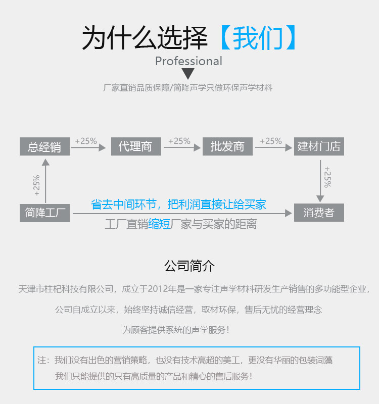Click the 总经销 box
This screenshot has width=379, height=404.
point(44,146)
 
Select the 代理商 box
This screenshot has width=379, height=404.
point(135,146)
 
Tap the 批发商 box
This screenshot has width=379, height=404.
point(227,146)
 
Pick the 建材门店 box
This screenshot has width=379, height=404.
point(319,146)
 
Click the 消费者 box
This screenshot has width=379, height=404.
point(319,213)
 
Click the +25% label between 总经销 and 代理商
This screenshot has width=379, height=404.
point(86,141)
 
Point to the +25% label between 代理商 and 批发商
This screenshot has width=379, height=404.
point(179,141)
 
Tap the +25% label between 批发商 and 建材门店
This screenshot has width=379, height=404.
point(271,141)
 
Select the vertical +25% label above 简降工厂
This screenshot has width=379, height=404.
point(36,186)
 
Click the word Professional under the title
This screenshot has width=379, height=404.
point(188,61)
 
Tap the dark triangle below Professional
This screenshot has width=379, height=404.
point(188,74)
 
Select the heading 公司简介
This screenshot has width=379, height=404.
point(189,266)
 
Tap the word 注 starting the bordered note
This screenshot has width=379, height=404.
point(42,361)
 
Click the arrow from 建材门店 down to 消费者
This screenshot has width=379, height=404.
point(319,181)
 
